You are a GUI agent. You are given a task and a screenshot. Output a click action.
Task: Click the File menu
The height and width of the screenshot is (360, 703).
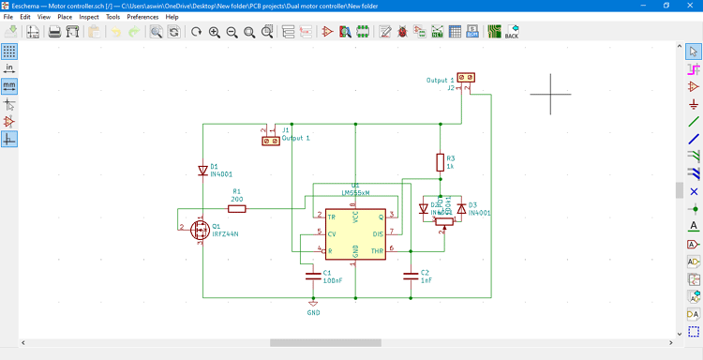8,17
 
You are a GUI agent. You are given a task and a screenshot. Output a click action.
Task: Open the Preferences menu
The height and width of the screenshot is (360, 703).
142,17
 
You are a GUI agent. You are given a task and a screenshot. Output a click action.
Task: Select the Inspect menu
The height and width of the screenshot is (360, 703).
89,17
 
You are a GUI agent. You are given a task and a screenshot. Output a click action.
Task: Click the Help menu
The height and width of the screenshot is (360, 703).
172,17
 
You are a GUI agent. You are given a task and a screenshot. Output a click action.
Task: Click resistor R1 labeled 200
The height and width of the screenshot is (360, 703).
236,207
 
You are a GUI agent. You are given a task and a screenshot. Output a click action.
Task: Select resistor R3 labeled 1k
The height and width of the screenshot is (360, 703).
440,162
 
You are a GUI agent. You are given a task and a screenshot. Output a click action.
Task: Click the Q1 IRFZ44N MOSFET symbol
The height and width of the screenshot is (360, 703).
200,230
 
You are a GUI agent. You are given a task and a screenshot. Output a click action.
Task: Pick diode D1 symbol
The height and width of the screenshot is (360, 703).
202,171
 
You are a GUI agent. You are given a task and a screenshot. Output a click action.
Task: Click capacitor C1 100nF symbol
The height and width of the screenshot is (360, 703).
313,276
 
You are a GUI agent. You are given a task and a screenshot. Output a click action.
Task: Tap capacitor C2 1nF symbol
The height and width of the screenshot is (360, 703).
410,276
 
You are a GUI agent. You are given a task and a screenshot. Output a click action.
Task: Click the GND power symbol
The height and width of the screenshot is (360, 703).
313,303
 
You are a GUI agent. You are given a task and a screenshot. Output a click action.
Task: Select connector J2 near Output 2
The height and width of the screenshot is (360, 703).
467,78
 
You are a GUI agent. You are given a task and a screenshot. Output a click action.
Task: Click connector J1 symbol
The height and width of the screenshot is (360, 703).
271,141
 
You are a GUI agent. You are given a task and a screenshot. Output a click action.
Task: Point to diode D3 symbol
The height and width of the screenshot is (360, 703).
460,209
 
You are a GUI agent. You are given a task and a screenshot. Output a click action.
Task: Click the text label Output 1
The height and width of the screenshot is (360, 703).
295,138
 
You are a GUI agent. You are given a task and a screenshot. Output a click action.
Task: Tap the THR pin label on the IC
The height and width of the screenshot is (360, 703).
378,250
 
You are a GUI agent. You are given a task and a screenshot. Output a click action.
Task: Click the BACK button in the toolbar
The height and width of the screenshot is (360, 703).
512,32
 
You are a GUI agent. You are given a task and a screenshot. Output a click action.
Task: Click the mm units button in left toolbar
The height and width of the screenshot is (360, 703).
9,85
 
